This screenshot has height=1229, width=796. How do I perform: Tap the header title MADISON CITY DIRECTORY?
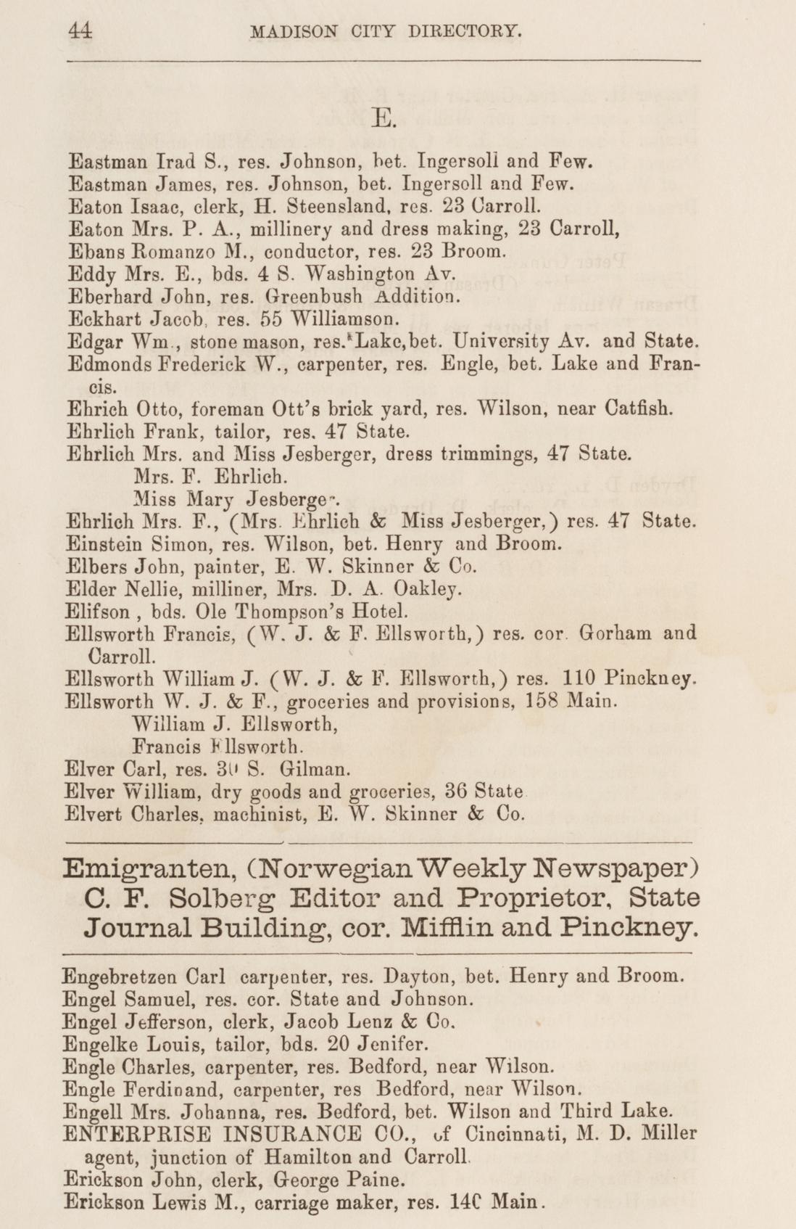point(385,31)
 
